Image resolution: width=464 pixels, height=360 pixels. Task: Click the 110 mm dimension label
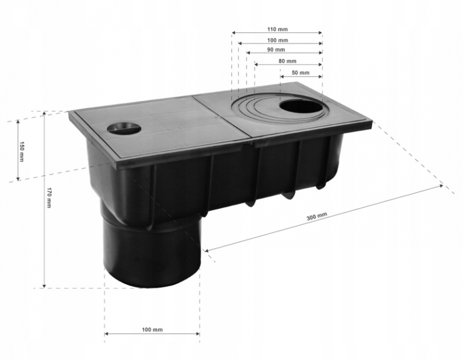[x=277, y=29]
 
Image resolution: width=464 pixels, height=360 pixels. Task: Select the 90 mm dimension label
[x=276, y=49]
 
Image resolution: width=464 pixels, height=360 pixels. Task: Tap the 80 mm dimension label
[x=287, y=61]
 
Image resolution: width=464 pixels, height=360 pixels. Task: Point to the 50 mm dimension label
[x=301, y=73]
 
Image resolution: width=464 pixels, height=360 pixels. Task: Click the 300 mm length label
[x=317, y=216]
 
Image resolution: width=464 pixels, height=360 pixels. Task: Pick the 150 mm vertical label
[x=21, y=151]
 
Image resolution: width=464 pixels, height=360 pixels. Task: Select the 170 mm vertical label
[x=48, y=197]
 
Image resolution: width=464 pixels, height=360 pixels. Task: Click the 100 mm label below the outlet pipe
[x=152, y=330]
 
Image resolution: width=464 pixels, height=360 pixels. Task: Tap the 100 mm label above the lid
[x=277, y=40]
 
